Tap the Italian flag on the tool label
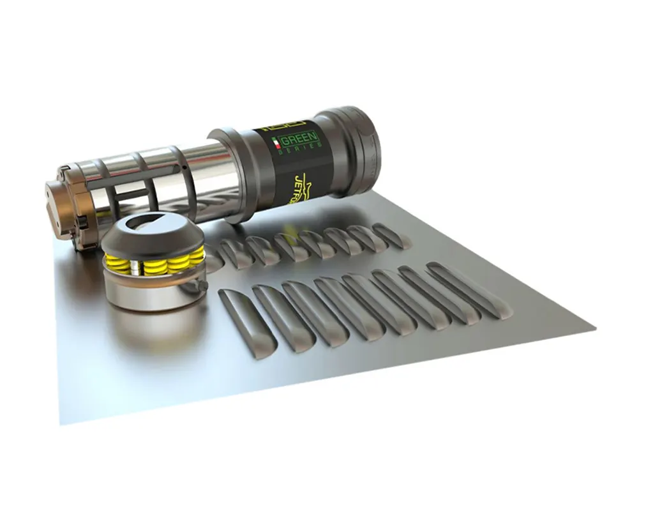(276, 143)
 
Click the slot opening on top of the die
(147, 224)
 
